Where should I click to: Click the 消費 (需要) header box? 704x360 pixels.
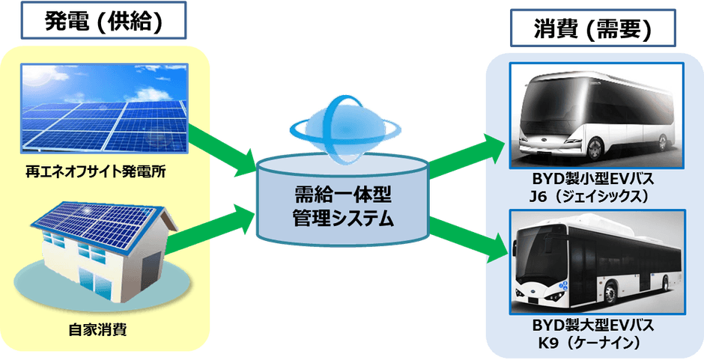(x=592, y=30)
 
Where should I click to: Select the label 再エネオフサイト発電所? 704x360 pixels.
(x=94, y=173)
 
